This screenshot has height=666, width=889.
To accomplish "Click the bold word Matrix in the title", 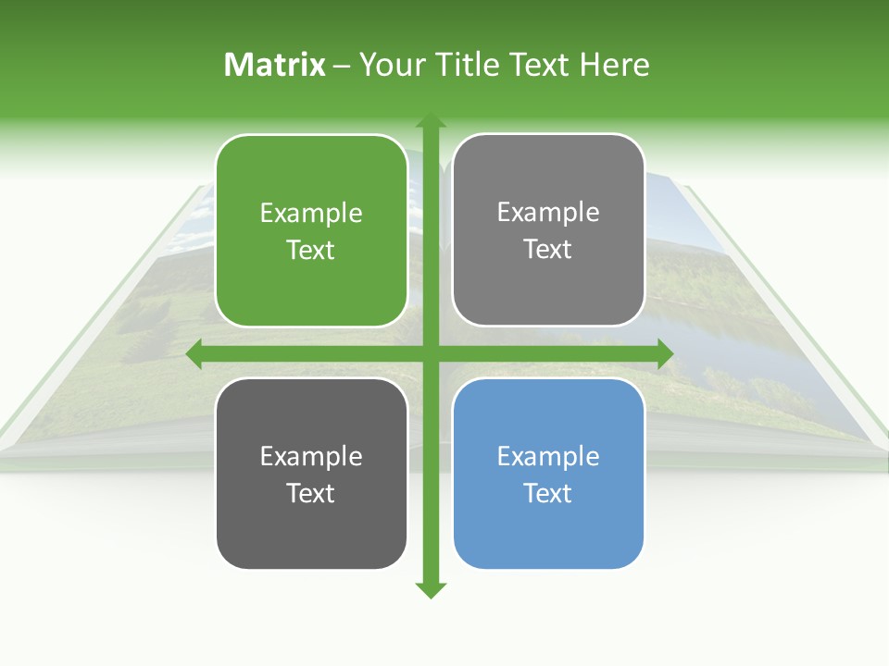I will pyautogui.click(x=274, y=65).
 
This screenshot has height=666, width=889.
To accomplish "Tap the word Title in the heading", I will pyautogui.click(x=469, y=65).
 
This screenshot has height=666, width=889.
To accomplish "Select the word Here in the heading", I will pyautogui.click(x=615, y=65).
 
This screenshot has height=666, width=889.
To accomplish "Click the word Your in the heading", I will pyautogui.click(x=392, y=65).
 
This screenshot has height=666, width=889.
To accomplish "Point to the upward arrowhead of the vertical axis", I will pyautogui.click(x=430, y=120).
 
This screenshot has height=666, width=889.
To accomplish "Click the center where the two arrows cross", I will pyautogui.click(x=430, y=353).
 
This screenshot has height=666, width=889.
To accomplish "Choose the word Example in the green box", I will pyautogui.click(x=311, y=214).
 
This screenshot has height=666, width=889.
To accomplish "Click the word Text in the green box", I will pyautogui.click(x=311, y=251).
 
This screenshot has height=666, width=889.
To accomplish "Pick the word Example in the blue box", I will pyautogui.click(x=548, y=456).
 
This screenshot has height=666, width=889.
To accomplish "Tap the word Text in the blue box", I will pyautogui.click(x=548, y=493).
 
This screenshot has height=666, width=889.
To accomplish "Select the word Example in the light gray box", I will pyautogui.click(x=548, y=213).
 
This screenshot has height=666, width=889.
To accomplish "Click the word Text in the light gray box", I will pyautogui.click(x=548, y=250).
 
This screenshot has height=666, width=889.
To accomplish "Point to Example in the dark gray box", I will pyautogui.click(x=311, y=456).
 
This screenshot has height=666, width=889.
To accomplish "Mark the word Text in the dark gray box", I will pyautogui.click(x=311, y=493).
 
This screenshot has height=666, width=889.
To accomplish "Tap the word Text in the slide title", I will pyautogui.click(x=542, y=65).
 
